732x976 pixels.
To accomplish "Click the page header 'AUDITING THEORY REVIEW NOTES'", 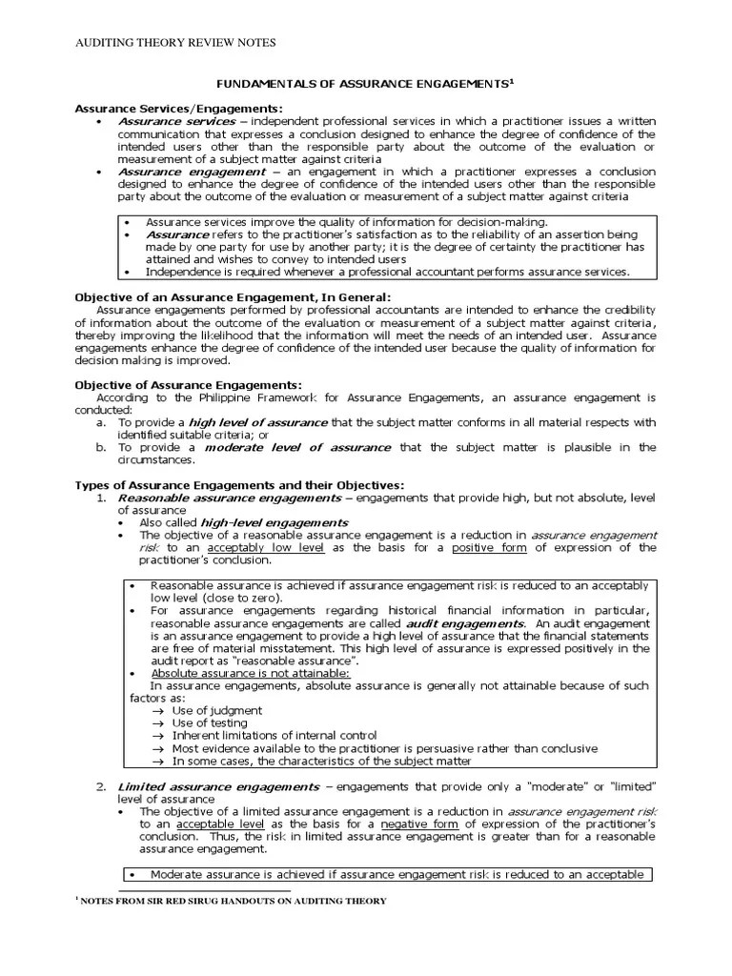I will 174,43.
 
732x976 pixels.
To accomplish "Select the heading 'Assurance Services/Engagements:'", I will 179,109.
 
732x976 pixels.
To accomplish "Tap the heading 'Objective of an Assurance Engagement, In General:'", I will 233,297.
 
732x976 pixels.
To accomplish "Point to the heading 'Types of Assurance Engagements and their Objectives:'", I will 239,485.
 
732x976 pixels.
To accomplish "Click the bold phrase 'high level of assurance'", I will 244,421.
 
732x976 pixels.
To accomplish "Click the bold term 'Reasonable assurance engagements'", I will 229,498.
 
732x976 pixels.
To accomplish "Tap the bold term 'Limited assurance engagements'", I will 218,786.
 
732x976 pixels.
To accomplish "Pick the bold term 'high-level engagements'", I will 272,522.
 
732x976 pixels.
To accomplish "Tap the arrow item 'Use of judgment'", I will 217,710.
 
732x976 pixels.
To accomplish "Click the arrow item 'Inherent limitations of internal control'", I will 274,735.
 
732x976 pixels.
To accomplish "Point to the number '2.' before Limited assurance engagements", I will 101,786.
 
